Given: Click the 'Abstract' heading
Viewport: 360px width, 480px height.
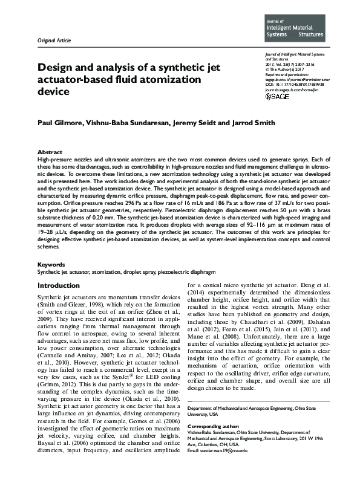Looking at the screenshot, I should point(50,152).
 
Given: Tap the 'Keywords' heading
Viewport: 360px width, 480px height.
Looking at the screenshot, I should point(51,265).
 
